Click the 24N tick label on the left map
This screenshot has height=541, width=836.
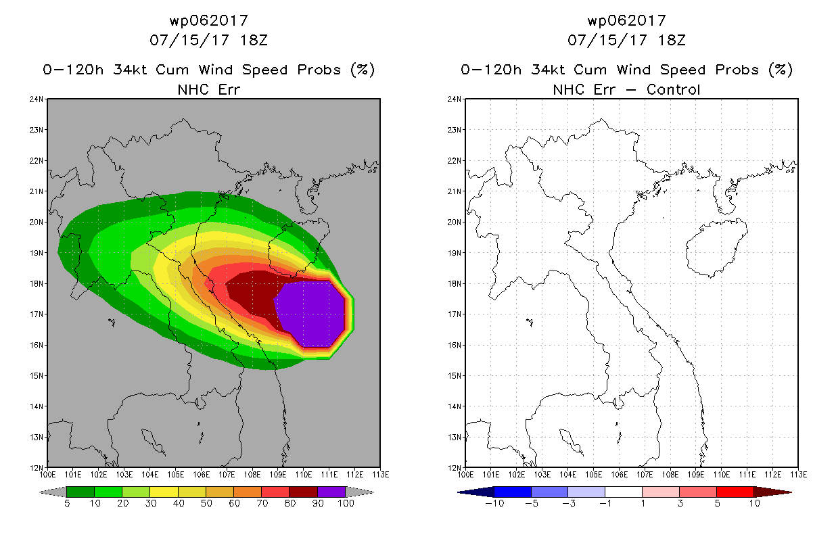point(37,99)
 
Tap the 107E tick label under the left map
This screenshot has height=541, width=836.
point(227,475)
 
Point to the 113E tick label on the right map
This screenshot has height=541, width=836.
point(799,475)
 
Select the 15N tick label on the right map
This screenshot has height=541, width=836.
point(455,376)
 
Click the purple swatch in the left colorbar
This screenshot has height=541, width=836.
point(331,492)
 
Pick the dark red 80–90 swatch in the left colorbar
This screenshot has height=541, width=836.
point(304,492)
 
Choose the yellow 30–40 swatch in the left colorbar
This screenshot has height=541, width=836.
point(164,492)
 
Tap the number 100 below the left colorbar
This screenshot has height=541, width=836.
point(346,503)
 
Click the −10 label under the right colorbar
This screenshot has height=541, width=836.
point(494,503)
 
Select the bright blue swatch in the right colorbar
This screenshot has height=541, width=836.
point(513,492)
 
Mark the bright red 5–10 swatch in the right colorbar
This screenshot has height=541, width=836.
point(735,492)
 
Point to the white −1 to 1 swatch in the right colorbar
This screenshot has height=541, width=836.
point(624,492)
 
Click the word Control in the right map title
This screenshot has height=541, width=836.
point(673,90)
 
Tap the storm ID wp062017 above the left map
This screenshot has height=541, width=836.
point(209,21)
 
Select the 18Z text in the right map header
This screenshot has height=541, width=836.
point(672,41)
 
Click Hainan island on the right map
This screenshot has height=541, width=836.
point(716,248)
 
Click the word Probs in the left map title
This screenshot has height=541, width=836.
point(319,70)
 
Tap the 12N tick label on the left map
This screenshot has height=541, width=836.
point(37,468)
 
